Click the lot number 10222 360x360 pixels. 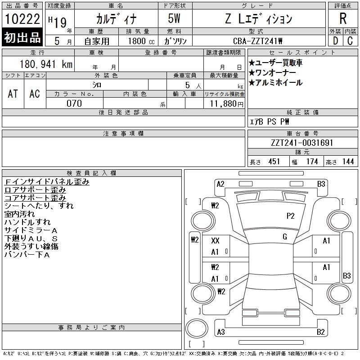[x=22, y=19]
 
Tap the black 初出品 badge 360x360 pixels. [x=22, y=37]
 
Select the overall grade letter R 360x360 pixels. [x=343, y=18]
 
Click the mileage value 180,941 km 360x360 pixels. [x=46, y=64]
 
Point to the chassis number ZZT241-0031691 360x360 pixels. [x=302, y=143]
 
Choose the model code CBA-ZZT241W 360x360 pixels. [x=257, y=41]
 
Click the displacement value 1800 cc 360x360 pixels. [x=141, y=41]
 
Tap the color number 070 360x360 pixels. [x=74, y=103]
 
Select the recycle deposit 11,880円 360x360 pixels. [x=227, y=104]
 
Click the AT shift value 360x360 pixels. [x=13, y=94]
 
